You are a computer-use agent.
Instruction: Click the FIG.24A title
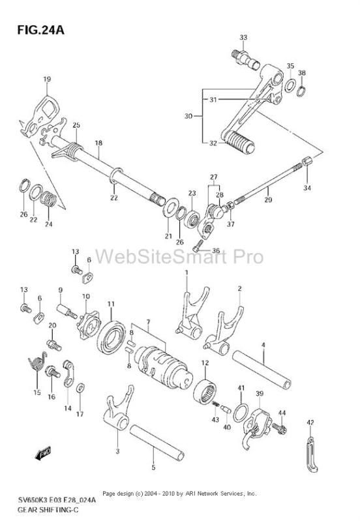click(x=40, y=30)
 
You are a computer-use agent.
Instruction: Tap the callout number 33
click(x=243, y=38)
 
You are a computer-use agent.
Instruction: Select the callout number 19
click(x=47, y=79)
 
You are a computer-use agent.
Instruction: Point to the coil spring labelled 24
click(x=49, y=200)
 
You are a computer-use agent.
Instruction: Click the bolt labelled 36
click(x=198, y=246)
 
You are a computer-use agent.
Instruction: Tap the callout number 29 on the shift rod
click(x=268, y=200)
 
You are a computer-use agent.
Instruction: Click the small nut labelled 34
click(x=308, y=162)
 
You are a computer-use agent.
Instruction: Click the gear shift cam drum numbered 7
click(x=164, y=366)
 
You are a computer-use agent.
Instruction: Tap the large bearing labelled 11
click(x=113, y=337)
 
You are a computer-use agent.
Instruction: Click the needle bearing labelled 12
click(x=204, y=391)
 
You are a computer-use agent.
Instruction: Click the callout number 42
click(x=310, y=423)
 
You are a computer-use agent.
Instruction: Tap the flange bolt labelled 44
click(x=279, y=428)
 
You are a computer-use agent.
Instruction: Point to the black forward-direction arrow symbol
click(x=43, y=454)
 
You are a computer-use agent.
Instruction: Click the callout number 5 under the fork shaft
click(x=153, y=468)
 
